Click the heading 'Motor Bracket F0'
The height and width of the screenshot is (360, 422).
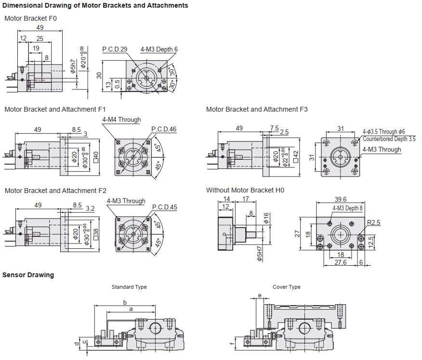[x=30, y=18]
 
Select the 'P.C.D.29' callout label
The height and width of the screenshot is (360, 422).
[x=115, y=50]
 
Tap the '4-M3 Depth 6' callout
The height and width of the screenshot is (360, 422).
[x=159, y=50]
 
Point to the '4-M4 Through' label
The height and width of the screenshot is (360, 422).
[x=121, y=120]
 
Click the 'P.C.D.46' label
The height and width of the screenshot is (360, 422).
[x=164, y=129]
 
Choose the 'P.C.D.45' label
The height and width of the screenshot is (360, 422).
[x=164, y=207]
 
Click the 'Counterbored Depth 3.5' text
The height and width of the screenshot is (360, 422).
[x=389, y=139]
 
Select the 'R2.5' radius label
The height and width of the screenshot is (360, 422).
[x=374, y=223]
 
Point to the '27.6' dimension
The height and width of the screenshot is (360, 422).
[x=341, y=263]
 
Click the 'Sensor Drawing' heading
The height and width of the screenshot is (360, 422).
[x=28, y=275]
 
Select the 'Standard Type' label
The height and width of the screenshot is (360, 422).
[x=129, y=287]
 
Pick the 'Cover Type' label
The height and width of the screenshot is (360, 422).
[x=287, y=287]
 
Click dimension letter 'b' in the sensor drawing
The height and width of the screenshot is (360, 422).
[x=125, y=302]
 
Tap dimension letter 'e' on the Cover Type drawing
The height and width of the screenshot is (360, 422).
[x=260, y=296]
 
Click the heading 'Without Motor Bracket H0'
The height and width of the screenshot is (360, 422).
[x=245, y=190]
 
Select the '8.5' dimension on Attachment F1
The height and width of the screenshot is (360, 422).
[x=76, y=129]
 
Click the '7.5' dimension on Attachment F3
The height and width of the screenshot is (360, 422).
[x=275, y=128]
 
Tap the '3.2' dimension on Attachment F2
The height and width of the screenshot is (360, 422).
[x=90, y=208]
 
